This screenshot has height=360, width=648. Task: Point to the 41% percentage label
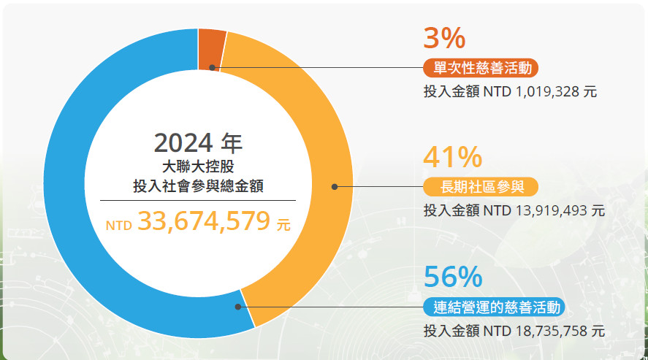(453, 156)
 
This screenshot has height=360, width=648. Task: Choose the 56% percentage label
(453, 277)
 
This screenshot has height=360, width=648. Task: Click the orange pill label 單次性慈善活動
(481, 68)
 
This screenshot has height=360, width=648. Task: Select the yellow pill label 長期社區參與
(481, 187)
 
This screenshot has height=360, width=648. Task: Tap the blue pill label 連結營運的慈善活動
(496, 307)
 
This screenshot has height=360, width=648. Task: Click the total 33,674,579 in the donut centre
(203, 221)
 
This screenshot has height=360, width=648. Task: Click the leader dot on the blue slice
(238, 307)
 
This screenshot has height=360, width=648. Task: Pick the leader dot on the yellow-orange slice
(334, 187)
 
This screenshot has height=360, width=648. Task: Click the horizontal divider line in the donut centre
(198, 200)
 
